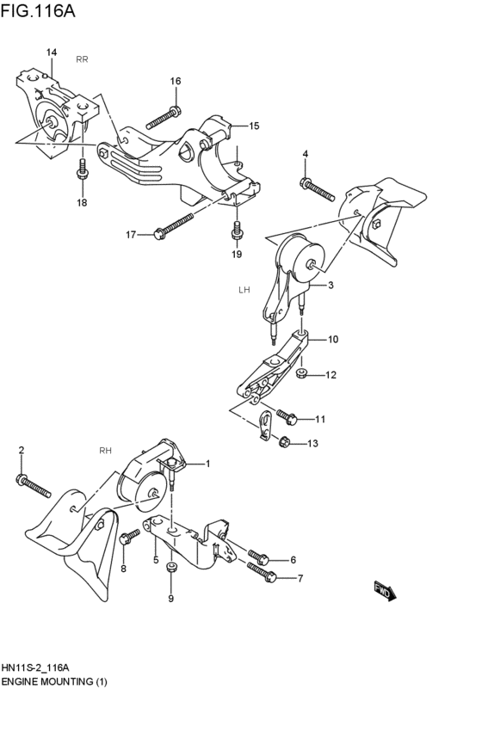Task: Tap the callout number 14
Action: click(x=51, y=53)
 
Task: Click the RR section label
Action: click(x=82, y=59)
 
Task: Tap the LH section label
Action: click(x=244, y=290)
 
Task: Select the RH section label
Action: click(x=106, y=450)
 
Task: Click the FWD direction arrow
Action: click(x=383, y=592)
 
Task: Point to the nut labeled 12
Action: click(x=302, y=374)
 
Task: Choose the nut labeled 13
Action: click(x=285, y=442)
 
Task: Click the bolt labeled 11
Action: click(x=289, y=419)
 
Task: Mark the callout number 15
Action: click(x=255, y=126)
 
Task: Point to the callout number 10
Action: click(x=333, y=339)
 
